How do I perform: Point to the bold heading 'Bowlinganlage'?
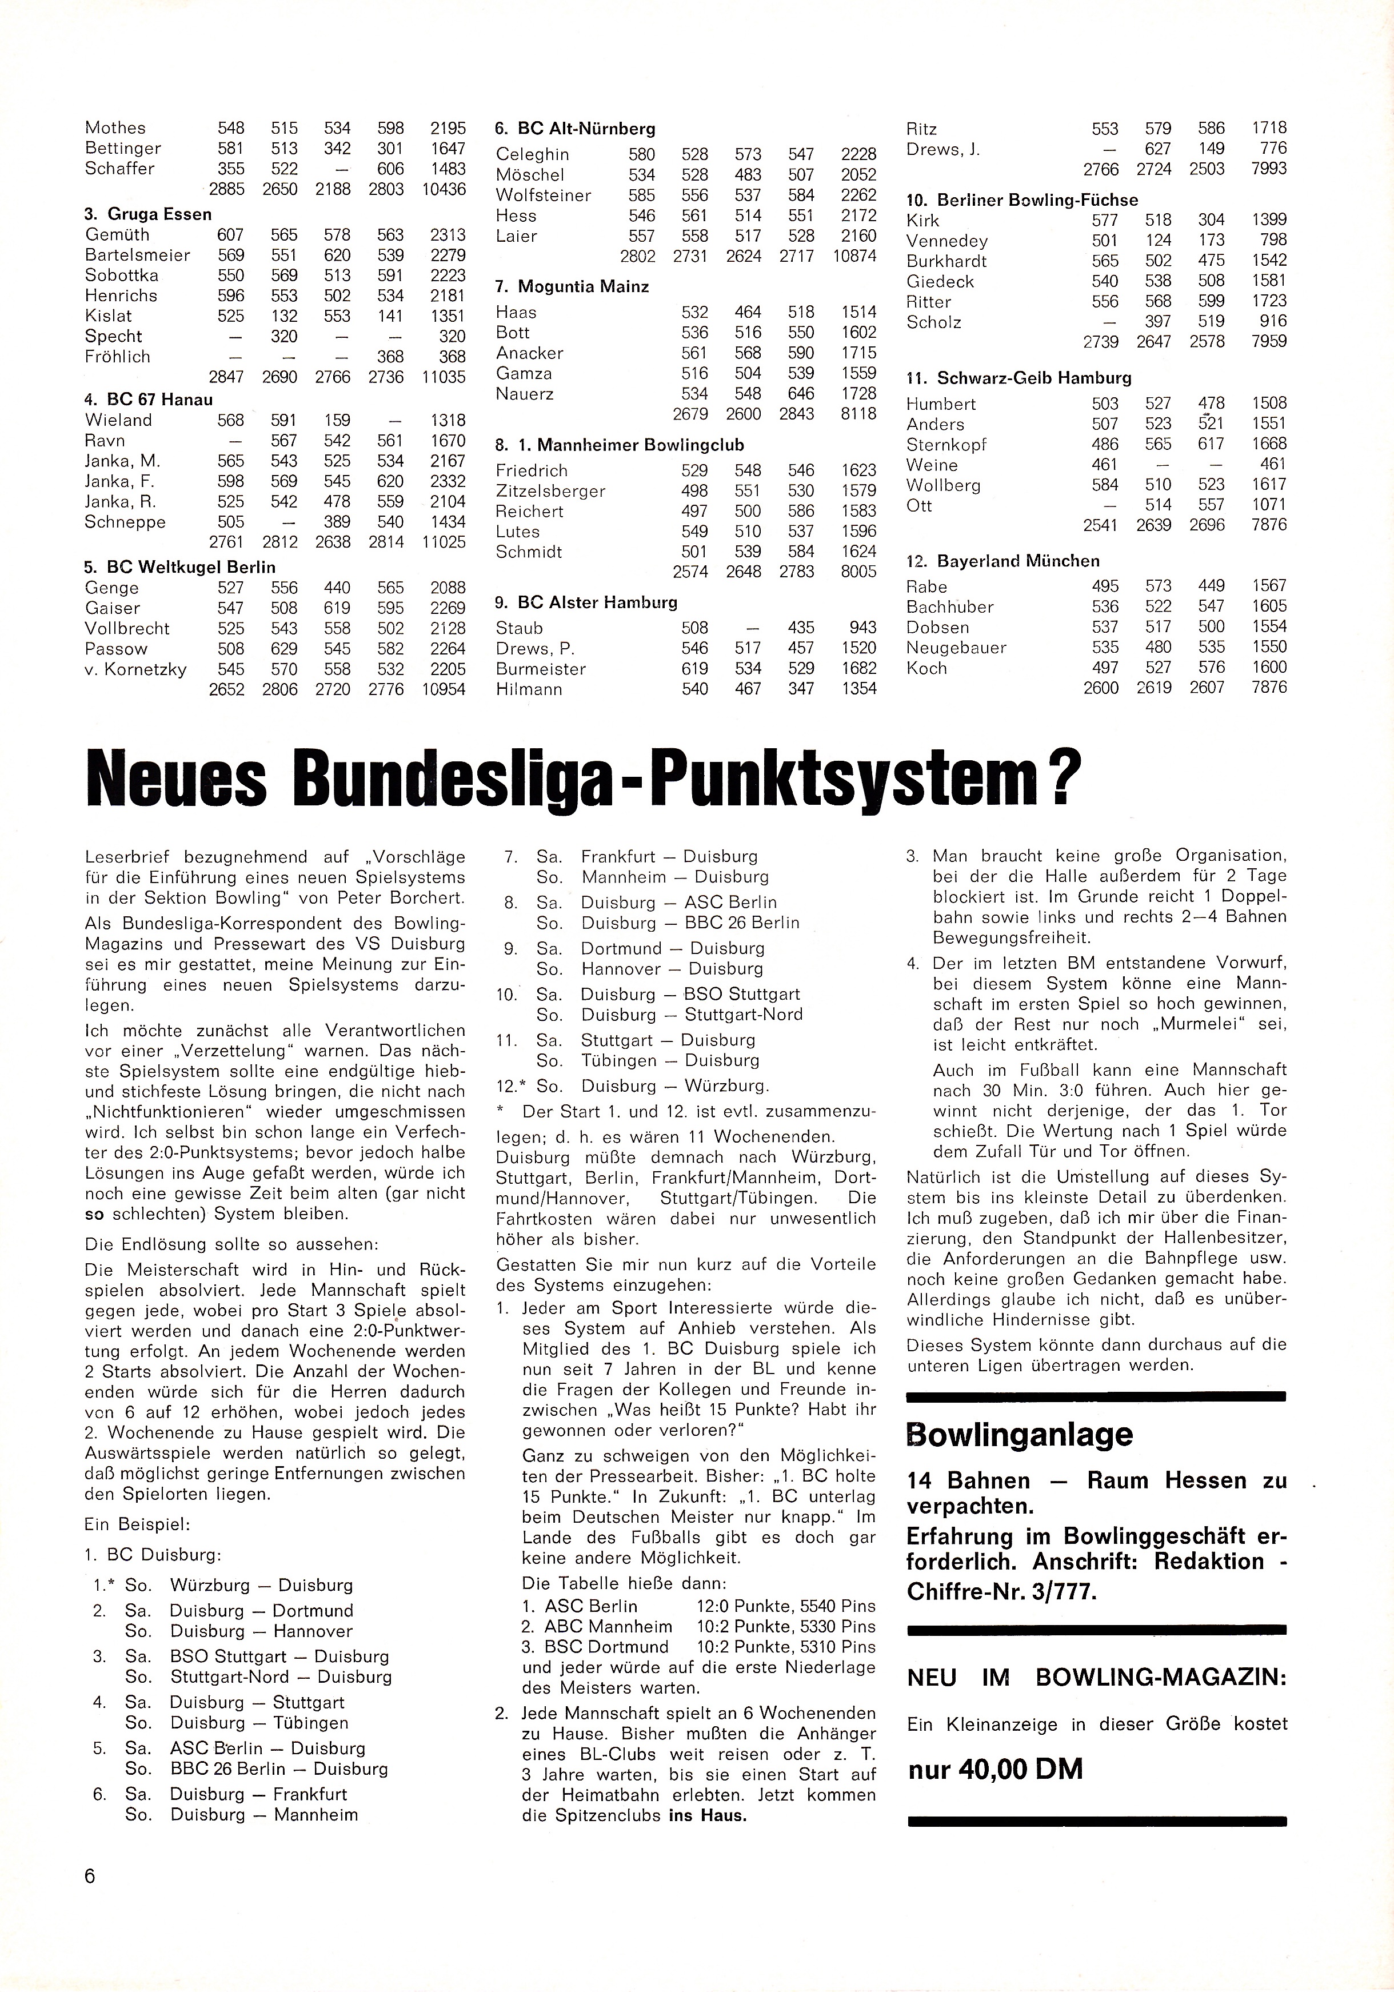(x=1019, y=1434)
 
